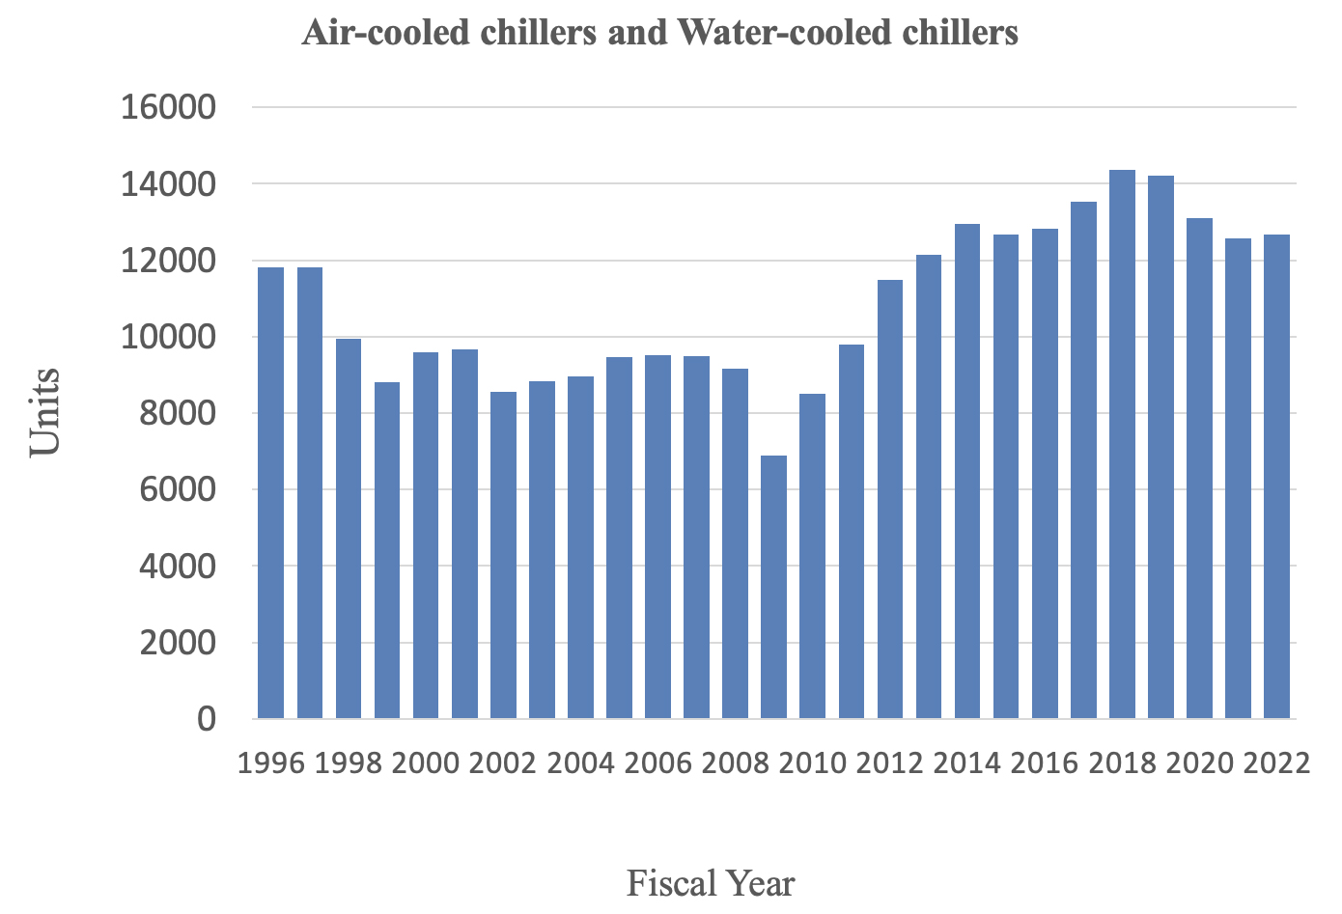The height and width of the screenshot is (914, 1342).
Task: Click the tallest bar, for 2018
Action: click(1122, 444)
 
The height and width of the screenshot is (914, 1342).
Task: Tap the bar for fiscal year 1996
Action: click(271, 493)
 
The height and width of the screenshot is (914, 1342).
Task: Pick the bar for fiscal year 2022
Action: click(1276, 477)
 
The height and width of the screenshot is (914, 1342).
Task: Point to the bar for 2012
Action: click(889, 499)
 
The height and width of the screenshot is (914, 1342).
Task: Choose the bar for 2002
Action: click(503, 555)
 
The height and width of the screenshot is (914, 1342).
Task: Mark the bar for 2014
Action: click(967, 471)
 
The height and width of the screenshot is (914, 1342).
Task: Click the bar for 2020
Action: click(1199, 468)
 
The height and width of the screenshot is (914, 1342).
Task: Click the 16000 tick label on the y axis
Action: click(167, 107)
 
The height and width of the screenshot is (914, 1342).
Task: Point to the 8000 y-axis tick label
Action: click(178, 413)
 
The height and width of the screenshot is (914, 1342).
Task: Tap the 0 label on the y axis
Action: click(207, 719)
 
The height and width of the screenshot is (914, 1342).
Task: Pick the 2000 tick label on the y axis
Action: click(178, 643)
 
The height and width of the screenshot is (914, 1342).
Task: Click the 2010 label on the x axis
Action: click(812, 763)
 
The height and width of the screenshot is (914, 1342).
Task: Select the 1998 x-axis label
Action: click(349, 763)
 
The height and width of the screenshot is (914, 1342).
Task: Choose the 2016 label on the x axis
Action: click(1045, 763)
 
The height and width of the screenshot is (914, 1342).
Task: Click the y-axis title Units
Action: click(45, 412)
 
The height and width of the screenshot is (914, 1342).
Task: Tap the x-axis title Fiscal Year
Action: click(711, 883)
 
